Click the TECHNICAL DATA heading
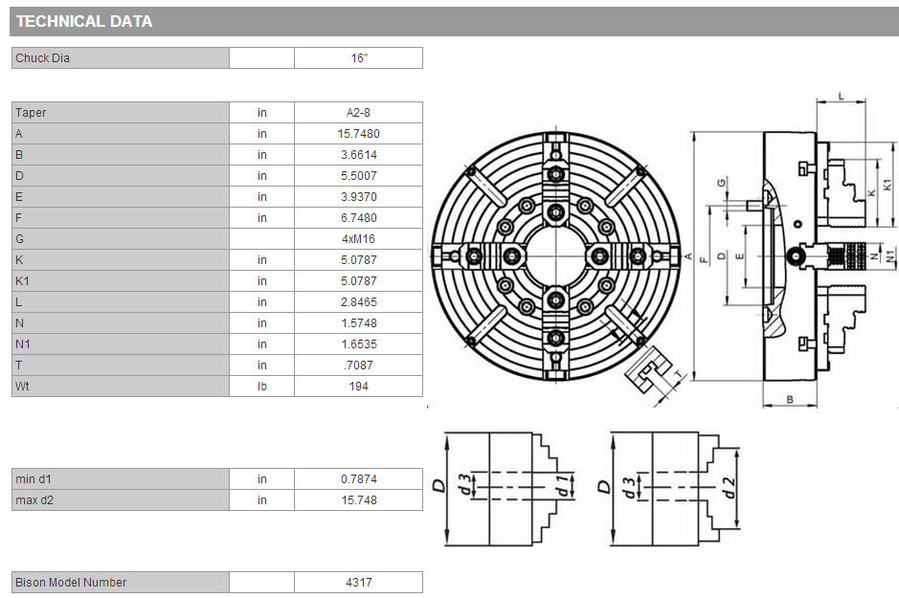84,22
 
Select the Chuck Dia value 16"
359,58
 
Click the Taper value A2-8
358,113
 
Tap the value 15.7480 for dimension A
358,134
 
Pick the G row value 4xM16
358,239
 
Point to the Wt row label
22,387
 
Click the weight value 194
358,387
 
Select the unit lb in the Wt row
262,387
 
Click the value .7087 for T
358,365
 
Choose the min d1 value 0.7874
358,479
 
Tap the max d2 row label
34,500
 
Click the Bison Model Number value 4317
359,583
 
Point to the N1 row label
23,344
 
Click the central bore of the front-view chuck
555,255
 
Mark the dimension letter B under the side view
790,399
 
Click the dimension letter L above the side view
842,97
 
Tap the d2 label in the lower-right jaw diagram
728,487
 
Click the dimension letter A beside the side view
688,256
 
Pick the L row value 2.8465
358,302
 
